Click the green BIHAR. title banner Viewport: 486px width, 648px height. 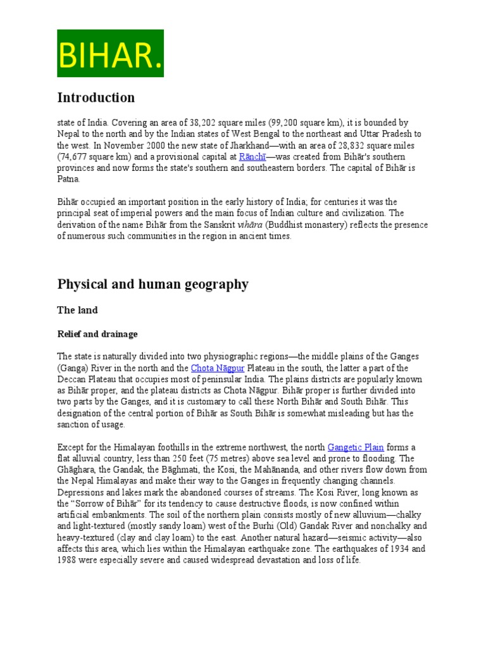(110, 53)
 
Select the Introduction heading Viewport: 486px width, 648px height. (96, 97)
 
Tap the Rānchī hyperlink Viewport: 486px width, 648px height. (251, 156)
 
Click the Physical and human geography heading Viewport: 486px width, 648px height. (153, 284)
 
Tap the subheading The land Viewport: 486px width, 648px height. (77, 310)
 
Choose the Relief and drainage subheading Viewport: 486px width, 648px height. (97, 333)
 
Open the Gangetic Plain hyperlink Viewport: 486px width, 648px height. (355, 447)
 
